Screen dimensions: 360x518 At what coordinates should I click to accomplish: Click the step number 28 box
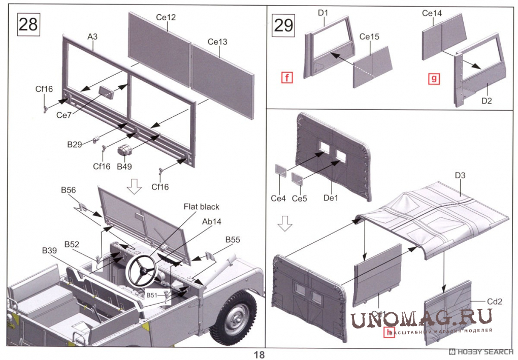click(28, 24)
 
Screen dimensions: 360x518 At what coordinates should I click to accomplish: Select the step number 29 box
click(283, 24)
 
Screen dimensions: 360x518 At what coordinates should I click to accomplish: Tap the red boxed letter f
click(287, 78)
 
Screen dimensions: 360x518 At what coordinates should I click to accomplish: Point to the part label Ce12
click(166, 17)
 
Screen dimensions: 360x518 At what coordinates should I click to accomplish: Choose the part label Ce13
click(217, 41)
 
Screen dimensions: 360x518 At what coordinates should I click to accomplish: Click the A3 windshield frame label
click(92, 37)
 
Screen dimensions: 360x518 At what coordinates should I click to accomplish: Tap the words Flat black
click(202, 207)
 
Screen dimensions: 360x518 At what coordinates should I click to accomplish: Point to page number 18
click(259, 354)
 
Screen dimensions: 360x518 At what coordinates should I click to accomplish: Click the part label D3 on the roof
click(460, 176)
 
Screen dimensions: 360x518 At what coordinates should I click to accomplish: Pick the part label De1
click(331, 198)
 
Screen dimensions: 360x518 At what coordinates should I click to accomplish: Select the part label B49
click(124, 166)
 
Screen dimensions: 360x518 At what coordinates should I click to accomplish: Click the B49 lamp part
click(125, 151)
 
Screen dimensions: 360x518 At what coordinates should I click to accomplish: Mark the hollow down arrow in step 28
click(134, 186)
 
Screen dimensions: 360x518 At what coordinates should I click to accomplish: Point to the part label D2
click(486, 101)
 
